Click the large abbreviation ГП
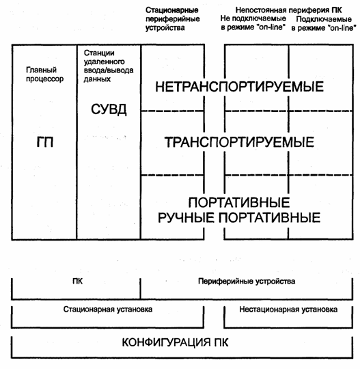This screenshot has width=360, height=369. [x=45, y=142]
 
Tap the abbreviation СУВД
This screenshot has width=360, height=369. [x=109, y=109]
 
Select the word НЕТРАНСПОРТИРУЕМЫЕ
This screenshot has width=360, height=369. [x=239, y=87]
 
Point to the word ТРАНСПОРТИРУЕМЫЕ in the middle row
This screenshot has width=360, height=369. [x=239, y=142]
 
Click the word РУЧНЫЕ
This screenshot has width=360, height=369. [x=186, y=217]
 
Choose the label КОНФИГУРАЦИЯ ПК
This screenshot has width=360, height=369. [x=175, y=342]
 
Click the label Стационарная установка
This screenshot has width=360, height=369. [x=108, y=310]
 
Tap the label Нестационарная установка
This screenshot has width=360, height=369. [x=288, y=310]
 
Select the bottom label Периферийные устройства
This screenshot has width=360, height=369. [x=247, y=282]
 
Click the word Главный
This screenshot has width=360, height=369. [x=41, y=70]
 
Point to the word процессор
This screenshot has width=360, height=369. [x=44, y=79]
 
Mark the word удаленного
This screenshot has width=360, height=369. [x=105, y=61]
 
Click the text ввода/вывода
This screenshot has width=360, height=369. [x=109, y=70]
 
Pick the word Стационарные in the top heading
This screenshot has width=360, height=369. [x=171, y=10]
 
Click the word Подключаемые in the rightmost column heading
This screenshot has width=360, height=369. [x=324, y=19]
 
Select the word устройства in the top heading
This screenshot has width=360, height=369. [x=165, y=28]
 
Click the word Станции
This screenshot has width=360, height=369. [x=99, y=53]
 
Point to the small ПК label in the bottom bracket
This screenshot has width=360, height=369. [x=78, y=282]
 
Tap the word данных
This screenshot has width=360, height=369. [x=97, y=79]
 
